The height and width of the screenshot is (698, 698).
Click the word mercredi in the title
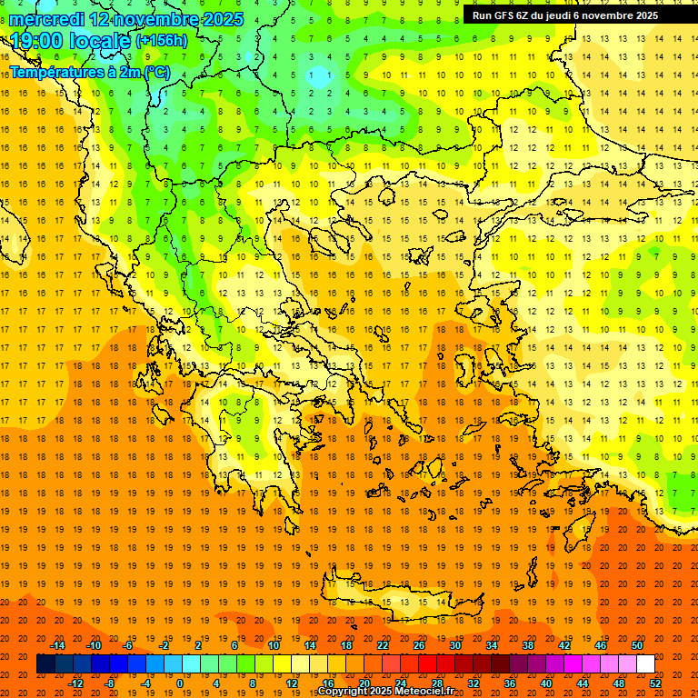(x=47, y=19)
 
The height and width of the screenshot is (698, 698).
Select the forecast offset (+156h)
(x=162, y=41)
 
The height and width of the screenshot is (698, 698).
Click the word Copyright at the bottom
(x=344, y=692)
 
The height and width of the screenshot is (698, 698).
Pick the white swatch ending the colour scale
(x=645, y=664)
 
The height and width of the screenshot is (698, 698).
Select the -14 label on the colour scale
(x=57, y=645)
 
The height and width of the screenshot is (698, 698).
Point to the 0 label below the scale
(x=180, y=683)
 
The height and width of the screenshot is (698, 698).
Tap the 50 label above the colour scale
(x=637, y=645)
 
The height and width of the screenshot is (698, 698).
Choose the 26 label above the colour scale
(x=419, y=645)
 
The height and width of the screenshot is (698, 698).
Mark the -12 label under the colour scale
(x=76, y=683)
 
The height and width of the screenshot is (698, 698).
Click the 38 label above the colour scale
(x=528, y=645)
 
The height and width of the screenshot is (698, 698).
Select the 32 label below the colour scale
(x=474, y=683)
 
